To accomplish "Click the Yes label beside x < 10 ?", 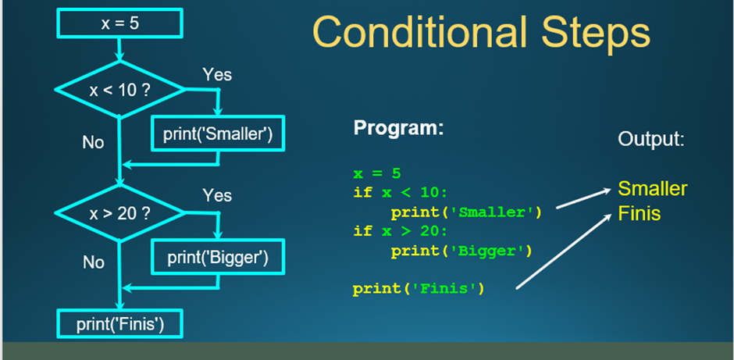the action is pyautogui.click(x=217, y=74).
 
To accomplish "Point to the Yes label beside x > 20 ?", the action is pyautogui.click(x=217, y=195).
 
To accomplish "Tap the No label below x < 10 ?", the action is pyautogui.click(x=93, y=142).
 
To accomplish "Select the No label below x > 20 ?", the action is pyautogui.click(x=93, y=262).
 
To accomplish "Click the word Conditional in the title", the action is pyautogui.click(x=419, y=31).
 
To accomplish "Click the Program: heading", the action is pyautogui.click(x=398, y=127).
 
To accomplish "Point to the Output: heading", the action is pyautogui.click(x=651, y=139).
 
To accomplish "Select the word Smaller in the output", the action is pyautogui.click(x=653, y=188).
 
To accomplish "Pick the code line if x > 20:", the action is pyautogui.click(x=401, y=231).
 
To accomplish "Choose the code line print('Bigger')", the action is pyautogui.click(x=461, y=251).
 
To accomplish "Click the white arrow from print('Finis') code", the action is pyautogui.click(x=565, y=251).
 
